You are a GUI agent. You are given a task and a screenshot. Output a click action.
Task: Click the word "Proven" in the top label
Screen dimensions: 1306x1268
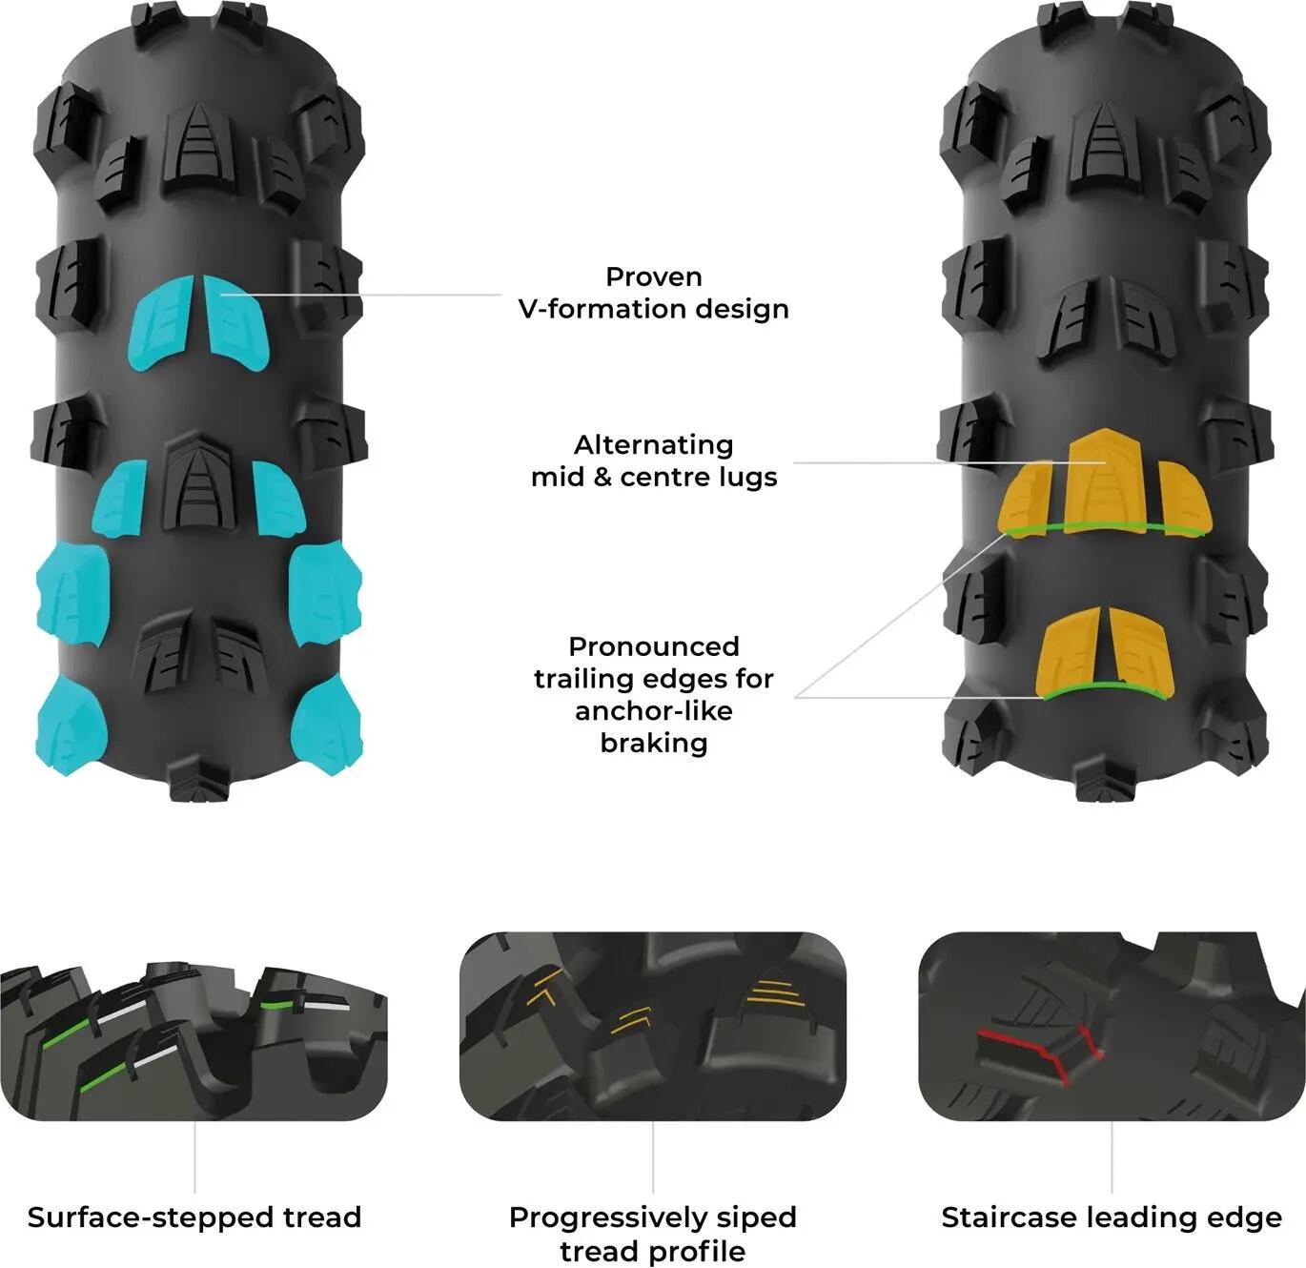[x=654, y=276]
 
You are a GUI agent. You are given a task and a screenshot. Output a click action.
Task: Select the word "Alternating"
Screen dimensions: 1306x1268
[x=654, y=445]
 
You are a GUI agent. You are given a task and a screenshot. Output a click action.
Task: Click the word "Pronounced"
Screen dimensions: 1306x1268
[x=654, y=646]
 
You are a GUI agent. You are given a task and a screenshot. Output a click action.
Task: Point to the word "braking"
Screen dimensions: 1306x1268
[x=654, y=743]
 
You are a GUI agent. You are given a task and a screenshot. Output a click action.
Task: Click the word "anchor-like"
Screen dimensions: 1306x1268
[x=654, y=711]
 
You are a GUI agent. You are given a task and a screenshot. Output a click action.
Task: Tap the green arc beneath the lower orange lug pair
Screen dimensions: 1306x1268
[x=1106, y=688]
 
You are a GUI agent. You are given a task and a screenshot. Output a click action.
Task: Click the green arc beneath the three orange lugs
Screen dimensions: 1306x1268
[x=1105, y=527]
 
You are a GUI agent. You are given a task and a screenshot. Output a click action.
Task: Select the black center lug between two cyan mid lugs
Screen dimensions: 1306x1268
[x=198, y=484]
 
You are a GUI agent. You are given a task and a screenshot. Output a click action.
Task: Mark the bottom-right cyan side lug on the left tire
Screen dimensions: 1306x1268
[x=328, y=726]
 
